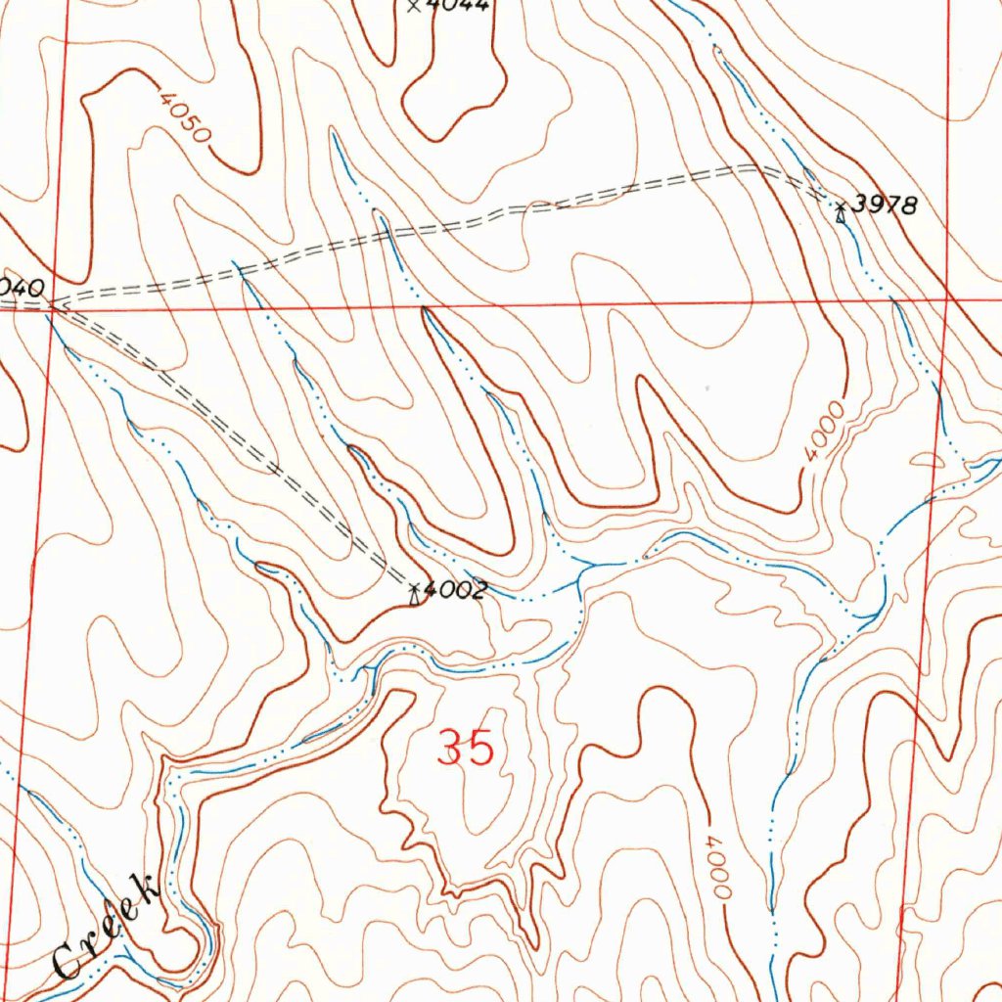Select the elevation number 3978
[x=884, y=205]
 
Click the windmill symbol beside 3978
[x=841, y=211]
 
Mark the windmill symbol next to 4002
[x=416, y=592]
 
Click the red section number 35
[x=466, y=750]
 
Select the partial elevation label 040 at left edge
[x=22, y=288]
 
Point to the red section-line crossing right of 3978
[x=947, y=298]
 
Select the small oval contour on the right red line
[x=928, y=460]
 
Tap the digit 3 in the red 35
[x=451, y=750]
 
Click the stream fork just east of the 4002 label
[x=581, y=577]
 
